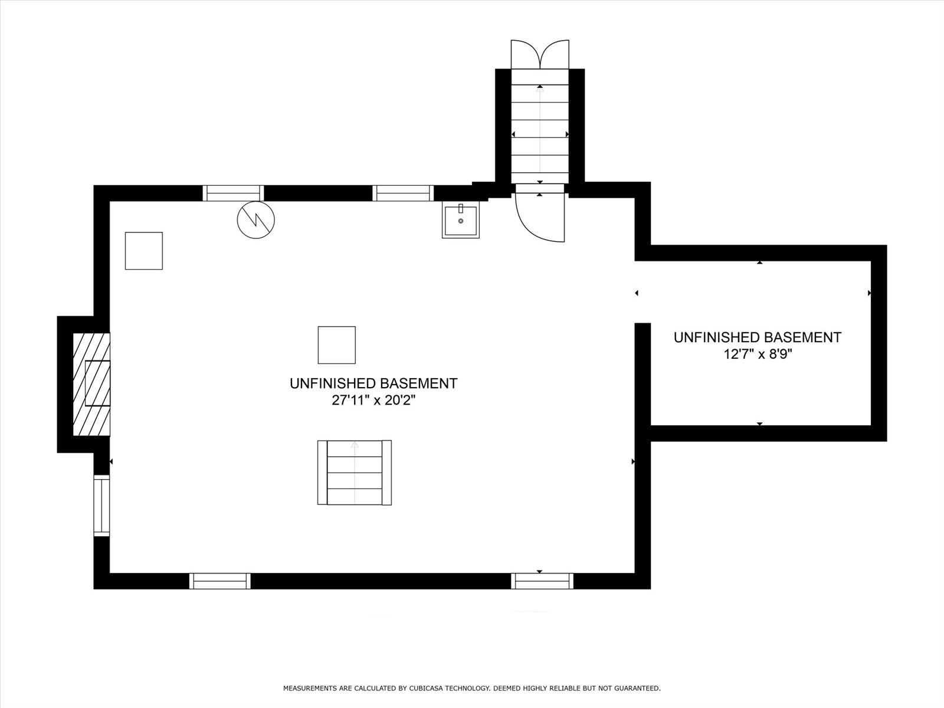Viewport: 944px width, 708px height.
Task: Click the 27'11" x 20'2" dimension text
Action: [373, 401]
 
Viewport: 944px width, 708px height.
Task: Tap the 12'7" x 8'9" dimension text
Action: [758, 354]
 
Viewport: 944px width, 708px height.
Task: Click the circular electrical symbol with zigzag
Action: [256, 219]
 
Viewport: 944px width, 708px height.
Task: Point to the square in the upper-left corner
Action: [143, 251]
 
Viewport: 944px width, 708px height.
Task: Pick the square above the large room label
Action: [337, 345]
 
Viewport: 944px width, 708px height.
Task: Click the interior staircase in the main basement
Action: [355, 473]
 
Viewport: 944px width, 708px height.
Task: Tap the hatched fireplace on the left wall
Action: [91, 384]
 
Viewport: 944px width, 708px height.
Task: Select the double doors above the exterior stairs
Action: [540, 55]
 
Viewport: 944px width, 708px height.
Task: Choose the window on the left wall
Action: [101, 505]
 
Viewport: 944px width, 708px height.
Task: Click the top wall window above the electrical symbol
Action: [233, 193]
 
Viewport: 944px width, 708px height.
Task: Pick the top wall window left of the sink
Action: [403, 193]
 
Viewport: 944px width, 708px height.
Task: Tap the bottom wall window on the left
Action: [219, 581]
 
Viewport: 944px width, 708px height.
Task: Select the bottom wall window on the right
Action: [542, 581]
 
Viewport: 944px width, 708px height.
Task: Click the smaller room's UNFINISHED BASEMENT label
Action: [758, 337]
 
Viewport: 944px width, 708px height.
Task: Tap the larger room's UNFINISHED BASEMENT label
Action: [373, 383]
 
